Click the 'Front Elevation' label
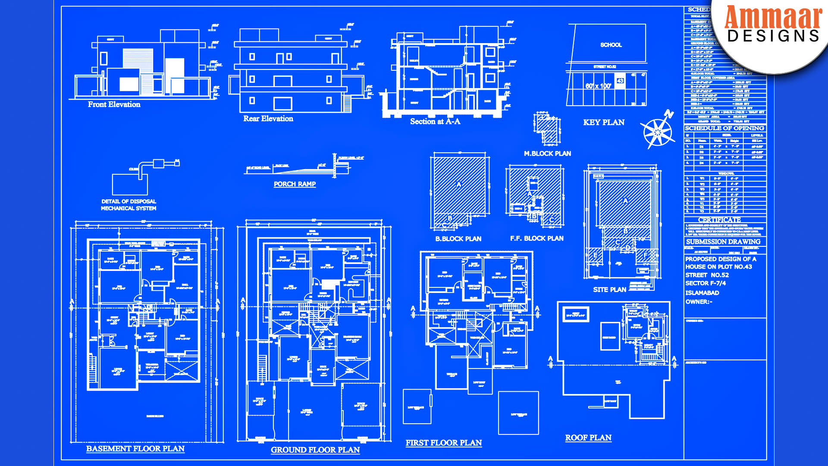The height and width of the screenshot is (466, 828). (114, 104)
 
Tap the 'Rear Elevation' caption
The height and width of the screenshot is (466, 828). (268, 119)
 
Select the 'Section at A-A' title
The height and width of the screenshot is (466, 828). (435, 122)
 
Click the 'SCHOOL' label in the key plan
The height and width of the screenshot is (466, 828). (611, 45)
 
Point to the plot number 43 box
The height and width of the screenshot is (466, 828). (620, 81)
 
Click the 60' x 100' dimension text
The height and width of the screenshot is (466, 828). (598, 86)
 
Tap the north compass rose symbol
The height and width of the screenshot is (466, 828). (657, 132)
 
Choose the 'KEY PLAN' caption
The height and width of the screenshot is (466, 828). (603, 123)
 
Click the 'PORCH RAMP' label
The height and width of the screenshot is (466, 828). (295, 184)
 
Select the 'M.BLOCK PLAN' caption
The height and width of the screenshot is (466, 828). (547, 154)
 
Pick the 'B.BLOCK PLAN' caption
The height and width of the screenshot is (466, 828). (458, 239)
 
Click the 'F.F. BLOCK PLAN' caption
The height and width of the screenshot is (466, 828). (536, 238)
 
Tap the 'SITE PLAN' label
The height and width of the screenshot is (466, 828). (609, 290)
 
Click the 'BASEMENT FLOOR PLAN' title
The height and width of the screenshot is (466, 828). (135, 449)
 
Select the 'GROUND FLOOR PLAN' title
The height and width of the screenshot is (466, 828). (315, 450)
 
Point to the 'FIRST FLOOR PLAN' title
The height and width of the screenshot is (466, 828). (443, 443)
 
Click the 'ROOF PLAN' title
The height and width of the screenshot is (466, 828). (588, 438)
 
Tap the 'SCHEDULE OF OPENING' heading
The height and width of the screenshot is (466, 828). (724, 128)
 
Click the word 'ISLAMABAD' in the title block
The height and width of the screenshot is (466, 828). (702, 293)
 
